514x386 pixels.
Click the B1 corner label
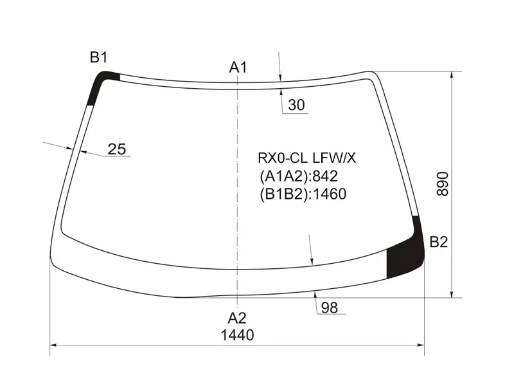pyautogui.click(x=99, y=57)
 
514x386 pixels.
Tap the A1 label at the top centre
pyautogui.click(x=238, y=68)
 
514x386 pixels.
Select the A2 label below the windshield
pyautogui.click(x=237, y=318)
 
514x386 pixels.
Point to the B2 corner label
pyautogui.click(x=439, y=242)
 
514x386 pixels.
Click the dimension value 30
pyautogui.click(x=296, y=105)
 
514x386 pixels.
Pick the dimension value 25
pyautogui.click(x=117, y=149)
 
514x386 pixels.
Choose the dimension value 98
pyautogui.click(x=330, y=308)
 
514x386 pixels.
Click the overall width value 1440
pyautogui.click(x=237, y=335)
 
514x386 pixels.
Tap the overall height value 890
pyautogui.click(x=443, y=184)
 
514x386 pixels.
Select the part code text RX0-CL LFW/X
pyautogui.click(x=306, y=158)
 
